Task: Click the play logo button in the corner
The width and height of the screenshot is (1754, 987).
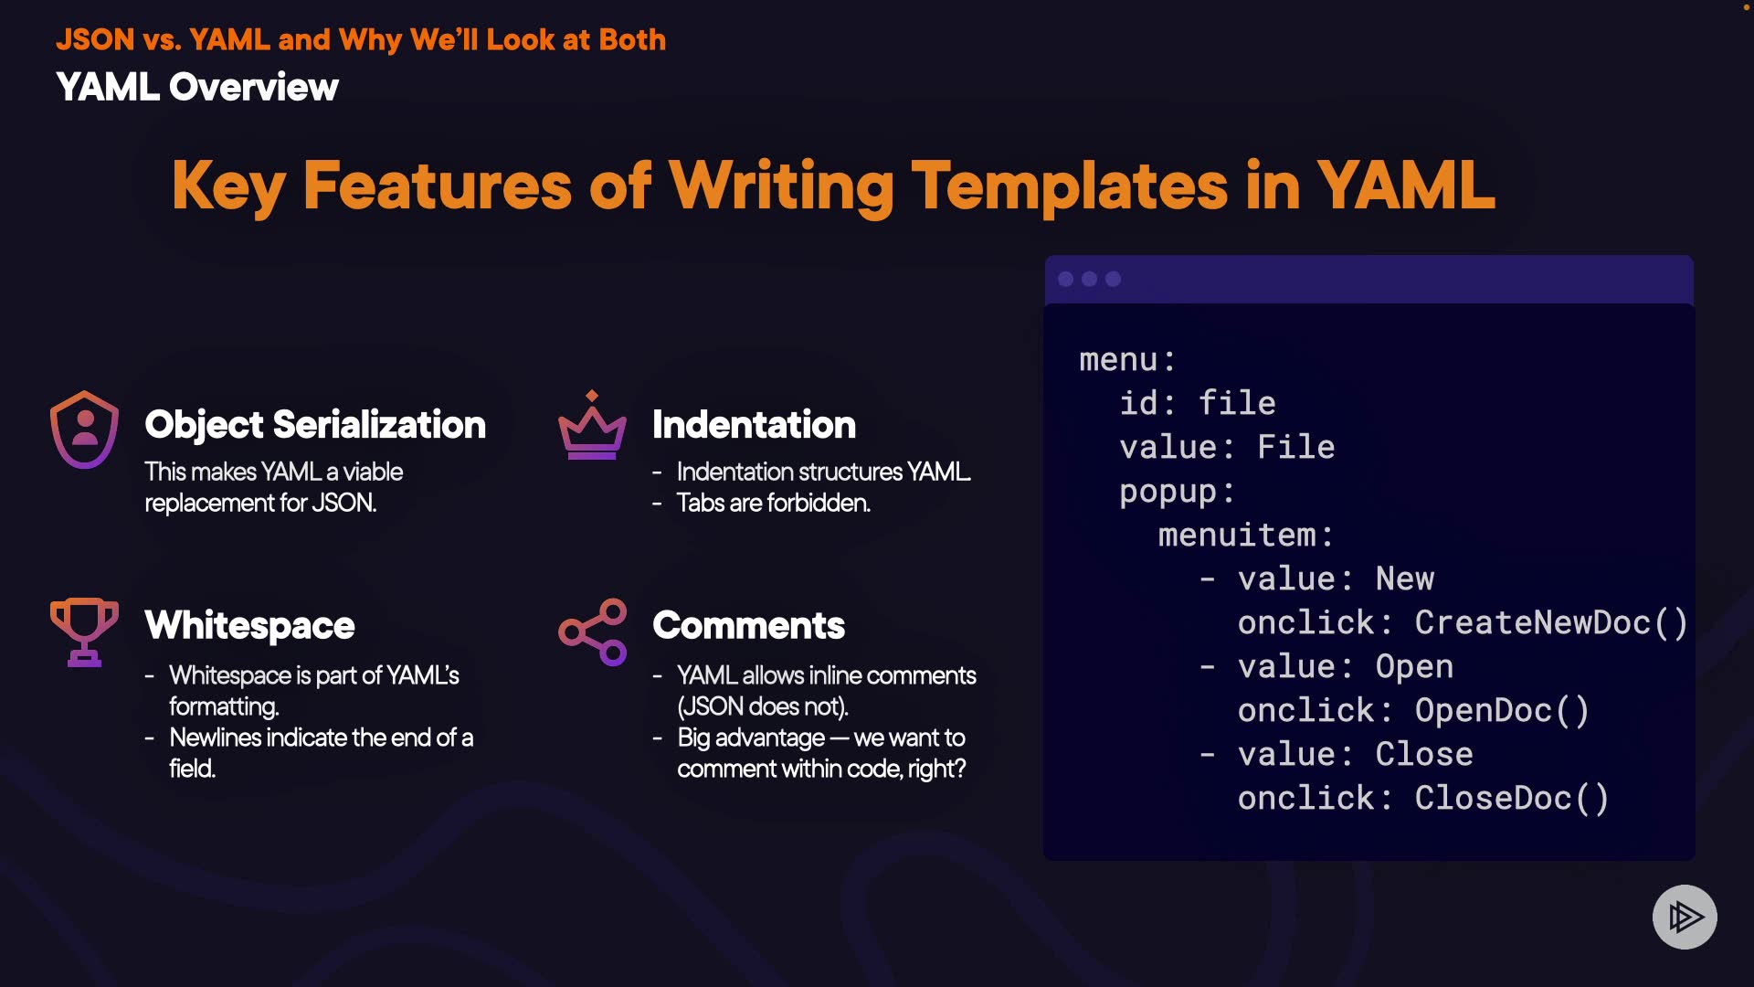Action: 1685,917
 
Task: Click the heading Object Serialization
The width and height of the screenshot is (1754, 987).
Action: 315,425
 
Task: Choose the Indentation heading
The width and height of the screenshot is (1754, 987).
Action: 754,425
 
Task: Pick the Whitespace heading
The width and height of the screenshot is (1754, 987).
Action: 249,626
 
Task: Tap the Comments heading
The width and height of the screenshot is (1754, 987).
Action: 748,626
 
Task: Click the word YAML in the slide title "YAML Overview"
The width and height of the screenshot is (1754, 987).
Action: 108,88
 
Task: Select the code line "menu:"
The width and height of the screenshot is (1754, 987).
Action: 1127,359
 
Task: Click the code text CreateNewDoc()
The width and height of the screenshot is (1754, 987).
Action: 1551,622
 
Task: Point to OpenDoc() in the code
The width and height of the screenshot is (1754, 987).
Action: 1502,710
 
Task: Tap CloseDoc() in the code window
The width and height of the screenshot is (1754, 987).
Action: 1512,798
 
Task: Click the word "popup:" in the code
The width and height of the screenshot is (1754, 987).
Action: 1178,492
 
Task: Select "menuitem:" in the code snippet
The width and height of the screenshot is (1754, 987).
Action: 1246,535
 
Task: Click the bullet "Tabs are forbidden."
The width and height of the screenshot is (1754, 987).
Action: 773,503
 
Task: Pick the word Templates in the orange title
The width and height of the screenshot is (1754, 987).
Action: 1070,186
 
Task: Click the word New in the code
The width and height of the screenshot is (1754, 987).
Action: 1405,578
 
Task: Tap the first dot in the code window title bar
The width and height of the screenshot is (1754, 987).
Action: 1065,279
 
